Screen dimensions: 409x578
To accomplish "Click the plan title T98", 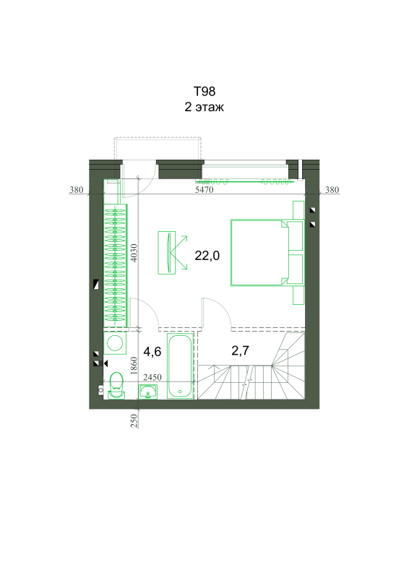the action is pyautogui.click(x=204, y=91).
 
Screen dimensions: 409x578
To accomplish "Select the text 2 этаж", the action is pyautogui.click(x=204, y=107).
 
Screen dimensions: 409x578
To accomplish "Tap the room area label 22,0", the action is pyautogui.click(x=207, y=255).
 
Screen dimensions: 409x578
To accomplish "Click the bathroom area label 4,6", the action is pyautogui.click(x=152, y=352).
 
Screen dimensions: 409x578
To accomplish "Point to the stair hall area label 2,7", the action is pyautogui.click(x=240, y=350).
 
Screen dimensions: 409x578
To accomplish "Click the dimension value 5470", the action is pyautogui.click(x=204, y=189).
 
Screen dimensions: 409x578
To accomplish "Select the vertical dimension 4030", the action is pyautogui.click(x=134, y=253).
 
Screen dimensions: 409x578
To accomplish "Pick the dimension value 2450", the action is pyautogui.click(x=152, y=377).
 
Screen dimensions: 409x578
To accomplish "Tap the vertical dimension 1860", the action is pyautogui.click(x=134, y=366).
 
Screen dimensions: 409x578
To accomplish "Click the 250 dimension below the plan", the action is pyautogui.click(x=134, y=420).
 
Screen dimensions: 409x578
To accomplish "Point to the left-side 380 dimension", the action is pyautogui.click(x=77, y=189).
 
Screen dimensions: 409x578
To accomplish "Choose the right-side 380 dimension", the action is pyautogui.click(x=332, y=189).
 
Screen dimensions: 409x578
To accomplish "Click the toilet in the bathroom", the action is pyautogui.click(x=116, y=385).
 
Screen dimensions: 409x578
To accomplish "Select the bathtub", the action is pyautogui.click(x=181, y=366).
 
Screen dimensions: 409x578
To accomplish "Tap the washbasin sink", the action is pyautogui.click(x=148, y=392).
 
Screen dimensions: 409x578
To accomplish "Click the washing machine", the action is pyautogui.click(x=115, y=343).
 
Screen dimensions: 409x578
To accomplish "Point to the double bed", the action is pyautogui.click(x=267, y=252).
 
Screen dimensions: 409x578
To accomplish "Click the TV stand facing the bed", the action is pyautogui.click(x=167, y=252).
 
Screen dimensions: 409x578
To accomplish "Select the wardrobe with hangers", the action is pyautogui.click(x=116, y=265).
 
